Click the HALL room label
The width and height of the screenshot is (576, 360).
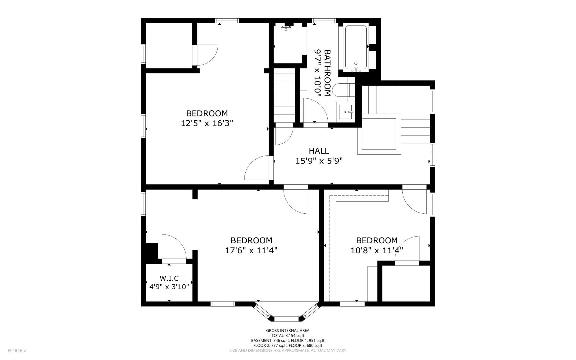(319, 151)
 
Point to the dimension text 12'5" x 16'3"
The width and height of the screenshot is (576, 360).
(207, 123)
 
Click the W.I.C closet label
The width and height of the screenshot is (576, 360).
(169, 278)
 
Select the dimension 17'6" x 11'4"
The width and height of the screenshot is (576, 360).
(251, 251)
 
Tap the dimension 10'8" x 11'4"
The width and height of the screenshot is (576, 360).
(377, 251)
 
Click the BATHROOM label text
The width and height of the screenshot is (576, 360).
(327, 73)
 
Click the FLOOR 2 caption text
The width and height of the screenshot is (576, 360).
(17, 351)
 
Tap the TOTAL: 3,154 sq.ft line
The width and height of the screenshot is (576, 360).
(288, 335)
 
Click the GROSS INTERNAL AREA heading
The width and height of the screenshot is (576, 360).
(288, 330)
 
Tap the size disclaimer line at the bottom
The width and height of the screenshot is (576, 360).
(288, 351)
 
